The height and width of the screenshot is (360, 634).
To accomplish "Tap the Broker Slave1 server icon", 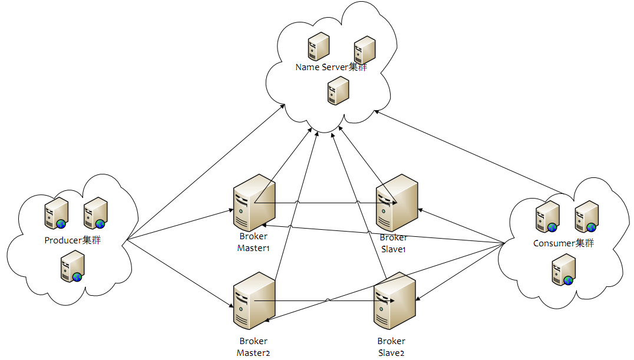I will pyautogui.click(x=396, y=202).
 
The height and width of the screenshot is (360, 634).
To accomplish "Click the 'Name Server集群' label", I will pyautogui.click(x=331, y=67).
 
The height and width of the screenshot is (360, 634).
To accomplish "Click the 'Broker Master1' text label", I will pyautogui.click(x=253, y=242).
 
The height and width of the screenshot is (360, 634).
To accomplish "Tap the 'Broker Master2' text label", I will pyautogui.click(x=253, y=346).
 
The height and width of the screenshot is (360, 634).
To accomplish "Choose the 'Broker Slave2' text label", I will pyautogui.click(x=391, y=346).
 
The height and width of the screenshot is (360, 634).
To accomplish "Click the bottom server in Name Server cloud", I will pyautogui.click(x=338, y=91).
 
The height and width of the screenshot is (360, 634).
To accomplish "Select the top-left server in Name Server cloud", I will pyautogui.click(x=318, y=47).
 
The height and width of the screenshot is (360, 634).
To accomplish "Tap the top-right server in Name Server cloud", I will pyautogui.click(x=365, y=50).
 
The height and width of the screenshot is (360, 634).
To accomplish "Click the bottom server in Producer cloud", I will pyautogui.click(x=72, y=266).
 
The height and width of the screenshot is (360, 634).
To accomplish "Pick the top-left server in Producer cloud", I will pyautogui.click(x=57, y=213).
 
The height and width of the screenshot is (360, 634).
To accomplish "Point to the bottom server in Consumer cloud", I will pyautogui.click(x=563, y=269).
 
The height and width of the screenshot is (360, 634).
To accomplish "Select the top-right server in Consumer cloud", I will pyautogui.click(x=587, y=216).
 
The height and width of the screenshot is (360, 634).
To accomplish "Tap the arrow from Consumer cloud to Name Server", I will pyautogui.click(x=471, y=153).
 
